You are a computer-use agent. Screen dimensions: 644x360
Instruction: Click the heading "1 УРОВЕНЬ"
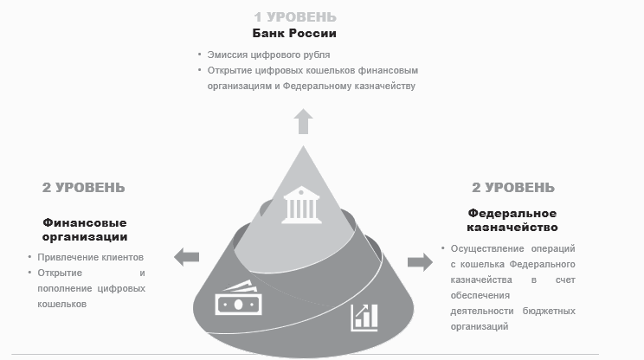(295, 17)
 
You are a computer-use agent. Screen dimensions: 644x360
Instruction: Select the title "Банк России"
(294, 33)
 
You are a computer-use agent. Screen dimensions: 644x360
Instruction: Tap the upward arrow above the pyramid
(303, 121)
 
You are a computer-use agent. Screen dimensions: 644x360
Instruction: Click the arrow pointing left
(186, 257)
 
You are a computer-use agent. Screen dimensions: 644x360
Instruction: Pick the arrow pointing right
(420, 262)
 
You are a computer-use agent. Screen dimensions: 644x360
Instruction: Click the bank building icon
(301, 205)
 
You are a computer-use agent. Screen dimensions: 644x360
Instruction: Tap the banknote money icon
(238, 298)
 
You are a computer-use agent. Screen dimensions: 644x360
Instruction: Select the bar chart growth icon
(364, 318)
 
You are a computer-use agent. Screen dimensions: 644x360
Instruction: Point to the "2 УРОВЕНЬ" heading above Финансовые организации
(83, 188)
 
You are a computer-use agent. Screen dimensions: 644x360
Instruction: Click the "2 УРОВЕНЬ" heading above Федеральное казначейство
(513, 188)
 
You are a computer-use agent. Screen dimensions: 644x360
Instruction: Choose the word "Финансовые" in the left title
(85, 223)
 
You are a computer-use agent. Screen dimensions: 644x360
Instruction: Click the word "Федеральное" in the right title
(512, 214)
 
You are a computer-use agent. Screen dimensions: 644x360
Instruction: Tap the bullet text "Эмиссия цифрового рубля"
(268, 55)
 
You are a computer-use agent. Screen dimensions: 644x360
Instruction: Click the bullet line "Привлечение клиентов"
(90, 257)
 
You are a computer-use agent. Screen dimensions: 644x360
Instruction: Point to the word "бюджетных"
(549, 311)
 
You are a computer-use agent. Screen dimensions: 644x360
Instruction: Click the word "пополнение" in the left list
(63, 288)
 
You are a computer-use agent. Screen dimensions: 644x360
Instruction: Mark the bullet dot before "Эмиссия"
(200, 54)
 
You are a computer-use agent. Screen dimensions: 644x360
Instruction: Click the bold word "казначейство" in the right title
(512, 227)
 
